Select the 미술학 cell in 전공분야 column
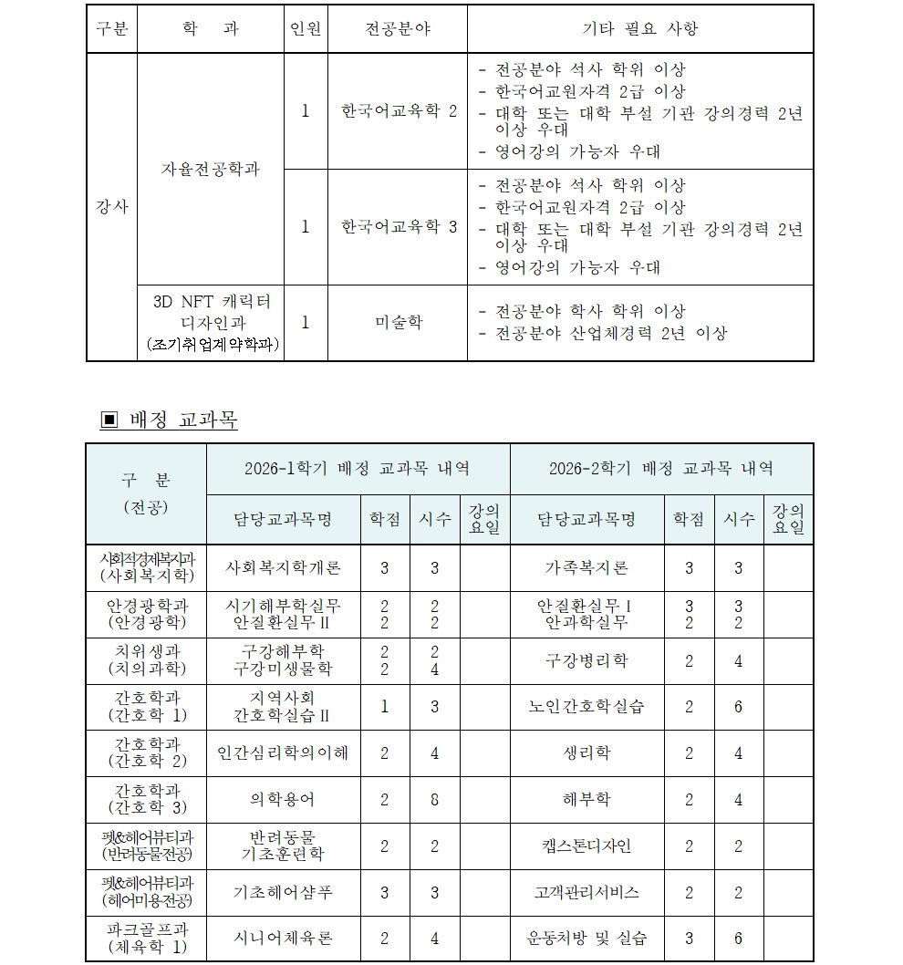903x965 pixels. pyautogui.click(x=398, y=323)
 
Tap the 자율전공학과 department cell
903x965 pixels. pyautogui.click(x=210, y=170)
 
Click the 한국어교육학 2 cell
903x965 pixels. pyautogui.click(x=398, y=111)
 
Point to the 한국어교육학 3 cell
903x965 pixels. pyautogui.click(x=398, y=227)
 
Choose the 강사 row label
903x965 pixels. pyautogui.click(x=111, y=207)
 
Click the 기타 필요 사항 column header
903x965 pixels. pyautogui.click(x=639, y=29)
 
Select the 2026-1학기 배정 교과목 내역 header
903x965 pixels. pyautogui.click(x=358, y=469)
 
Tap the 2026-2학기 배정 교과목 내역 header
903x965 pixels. pyautogui.click(x=661, y=469)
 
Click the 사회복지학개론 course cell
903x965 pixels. pyautogui.click(x=284, y=568)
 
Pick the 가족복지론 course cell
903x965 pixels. pyautogui.click(x=586, y=568)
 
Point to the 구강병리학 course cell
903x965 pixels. pyautogui.click(x=586, y=660)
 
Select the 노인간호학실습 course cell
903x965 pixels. pyautogui.click(x=586, y=707)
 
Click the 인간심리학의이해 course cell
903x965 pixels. pyautogui.click(x=284, y=753)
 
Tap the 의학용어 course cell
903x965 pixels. pyautogui.click(x=284, y=800)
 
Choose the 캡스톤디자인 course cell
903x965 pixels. pyautogui.click(x=586, y=846)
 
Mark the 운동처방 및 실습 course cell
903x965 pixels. pyautogui.click(x=586, y=939)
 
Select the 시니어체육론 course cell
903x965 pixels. pyautogui.click(x=284, y=939)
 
